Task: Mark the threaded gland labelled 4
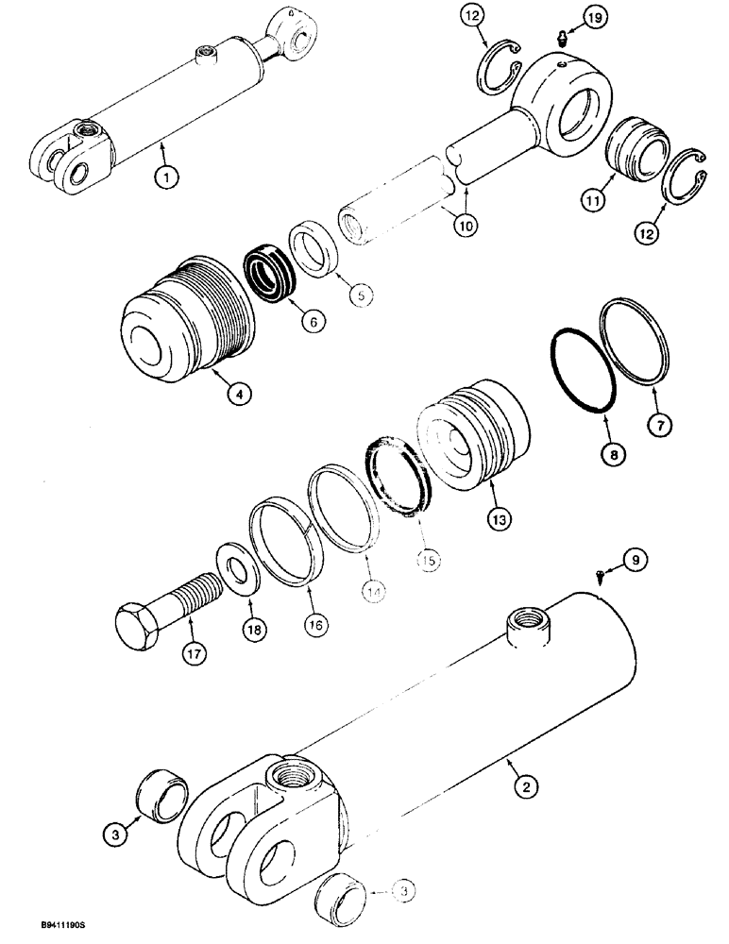[184, 317]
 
